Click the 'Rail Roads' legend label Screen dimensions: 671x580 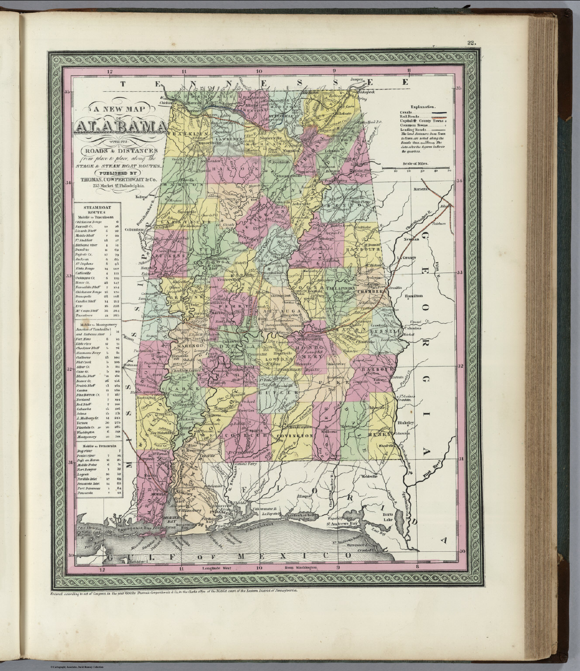pos(409,117)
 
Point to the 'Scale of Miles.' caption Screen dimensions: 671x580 pos(417,163)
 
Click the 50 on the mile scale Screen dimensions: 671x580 pos(449,171)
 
